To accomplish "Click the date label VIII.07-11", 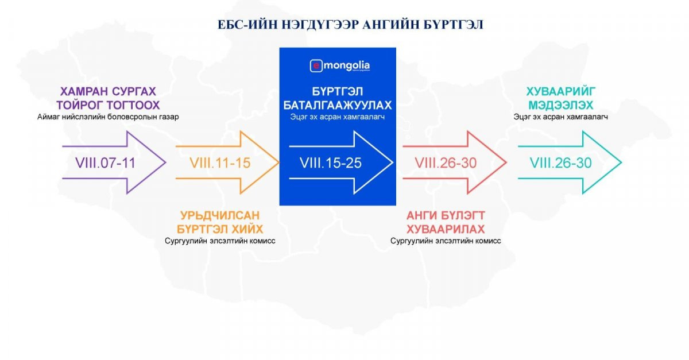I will [x=106, y=162].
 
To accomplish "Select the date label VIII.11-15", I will [x=220, y=162].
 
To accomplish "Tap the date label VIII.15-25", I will [x=330, y=163].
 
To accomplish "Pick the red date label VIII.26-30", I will [x=446, y=162].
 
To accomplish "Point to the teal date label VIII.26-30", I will [x=560, y=162].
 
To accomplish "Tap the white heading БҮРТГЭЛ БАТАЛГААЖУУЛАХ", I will [x=337, y=99].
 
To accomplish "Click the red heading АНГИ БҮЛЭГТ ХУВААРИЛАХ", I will [x=446, y=222].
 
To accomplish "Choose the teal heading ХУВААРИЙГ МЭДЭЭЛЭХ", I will [x=560, y=99].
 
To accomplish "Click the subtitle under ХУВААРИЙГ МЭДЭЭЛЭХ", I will [x=560, y=117].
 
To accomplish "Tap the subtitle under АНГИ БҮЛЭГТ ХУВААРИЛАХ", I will [x=446, y=241].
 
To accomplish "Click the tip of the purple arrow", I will [x=166, y=162].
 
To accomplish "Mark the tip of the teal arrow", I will [x=621, y=162].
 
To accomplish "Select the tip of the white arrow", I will [x=393, y=162].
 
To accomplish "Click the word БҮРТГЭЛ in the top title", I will [x=457, y=25].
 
